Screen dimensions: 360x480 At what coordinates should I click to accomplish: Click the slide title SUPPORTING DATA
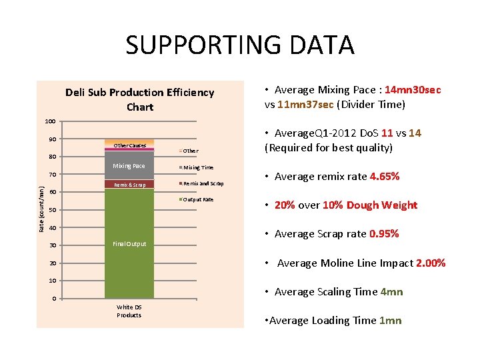click(x=239, y=45)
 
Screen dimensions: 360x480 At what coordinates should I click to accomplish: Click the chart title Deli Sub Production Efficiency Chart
click(x=140, y=99)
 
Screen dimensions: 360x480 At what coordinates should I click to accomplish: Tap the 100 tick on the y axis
click(x=50, y=121)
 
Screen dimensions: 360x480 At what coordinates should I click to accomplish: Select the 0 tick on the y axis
click(x=55, y=299)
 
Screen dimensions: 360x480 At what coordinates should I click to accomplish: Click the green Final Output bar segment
click(x=129, y=244)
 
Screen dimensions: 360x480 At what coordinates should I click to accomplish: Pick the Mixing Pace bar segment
click(x=129, y=166)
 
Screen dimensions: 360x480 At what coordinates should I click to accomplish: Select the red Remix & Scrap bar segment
click(x=129, y=185)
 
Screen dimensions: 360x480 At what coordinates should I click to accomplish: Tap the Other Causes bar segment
click(x=129, y=145)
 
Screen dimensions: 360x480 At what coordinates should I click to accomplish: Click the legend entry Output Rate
click(x=198, y=199)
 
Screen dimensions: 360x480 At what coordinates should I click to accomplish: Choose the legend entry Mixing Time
click(x=198, y=167)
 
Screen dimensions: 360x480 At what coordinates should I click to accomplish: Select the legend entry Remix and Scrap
click(x=203, y=183)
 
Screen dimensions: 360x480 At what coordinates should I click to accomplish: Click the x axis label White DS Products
click(x=129, y=311)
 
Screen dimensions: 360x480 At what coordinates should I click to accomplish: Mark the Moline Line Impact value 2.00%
click(x=431, y=263)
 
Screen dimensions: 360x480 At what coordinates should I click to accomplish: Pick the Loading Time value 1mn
click(x=390, y=321)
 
